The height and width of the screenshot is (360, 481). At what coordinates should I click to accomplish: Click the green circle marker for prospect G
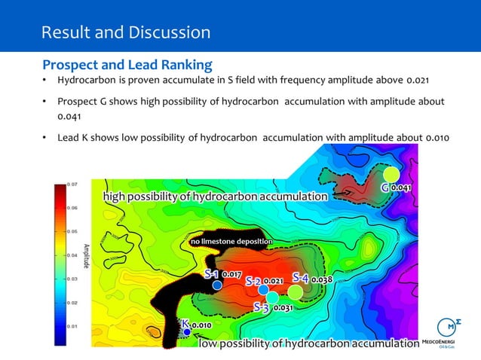(391, 174)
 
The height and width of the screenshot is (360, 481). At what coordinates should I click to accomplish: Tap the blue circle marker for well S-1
(216, 285)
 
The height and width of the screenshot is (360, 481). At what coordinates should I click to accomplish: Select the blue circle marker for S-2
(263, 289)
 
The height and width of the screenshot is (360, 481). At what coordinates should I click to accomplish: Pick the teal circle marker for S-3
(272, 297)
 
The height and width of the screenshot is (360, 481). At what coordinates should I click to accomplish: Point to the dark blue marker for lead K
(186, 331)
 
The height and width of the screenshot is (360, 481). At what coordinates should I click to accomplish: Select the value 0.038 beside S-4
(322, 279)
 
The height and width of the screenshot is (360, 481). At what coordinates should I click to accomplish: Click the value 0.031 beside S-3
(283, 308)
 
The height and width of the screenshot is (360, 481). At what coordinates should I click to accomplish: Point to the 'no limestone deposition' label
(231, 241)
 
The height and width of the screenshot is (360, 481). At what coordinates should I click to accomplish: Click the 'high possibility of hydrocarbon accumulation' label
(216, 197)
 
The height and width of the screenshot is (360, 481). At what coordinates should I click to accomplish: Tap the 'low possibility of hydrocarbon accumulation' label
(308, 344)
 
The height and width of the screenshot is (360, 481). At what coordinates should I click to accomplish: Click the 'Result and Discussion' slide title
(126, 32)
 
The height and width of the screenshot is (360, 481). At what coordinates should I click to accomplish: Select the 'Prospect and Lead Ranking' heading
(127, 64)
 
